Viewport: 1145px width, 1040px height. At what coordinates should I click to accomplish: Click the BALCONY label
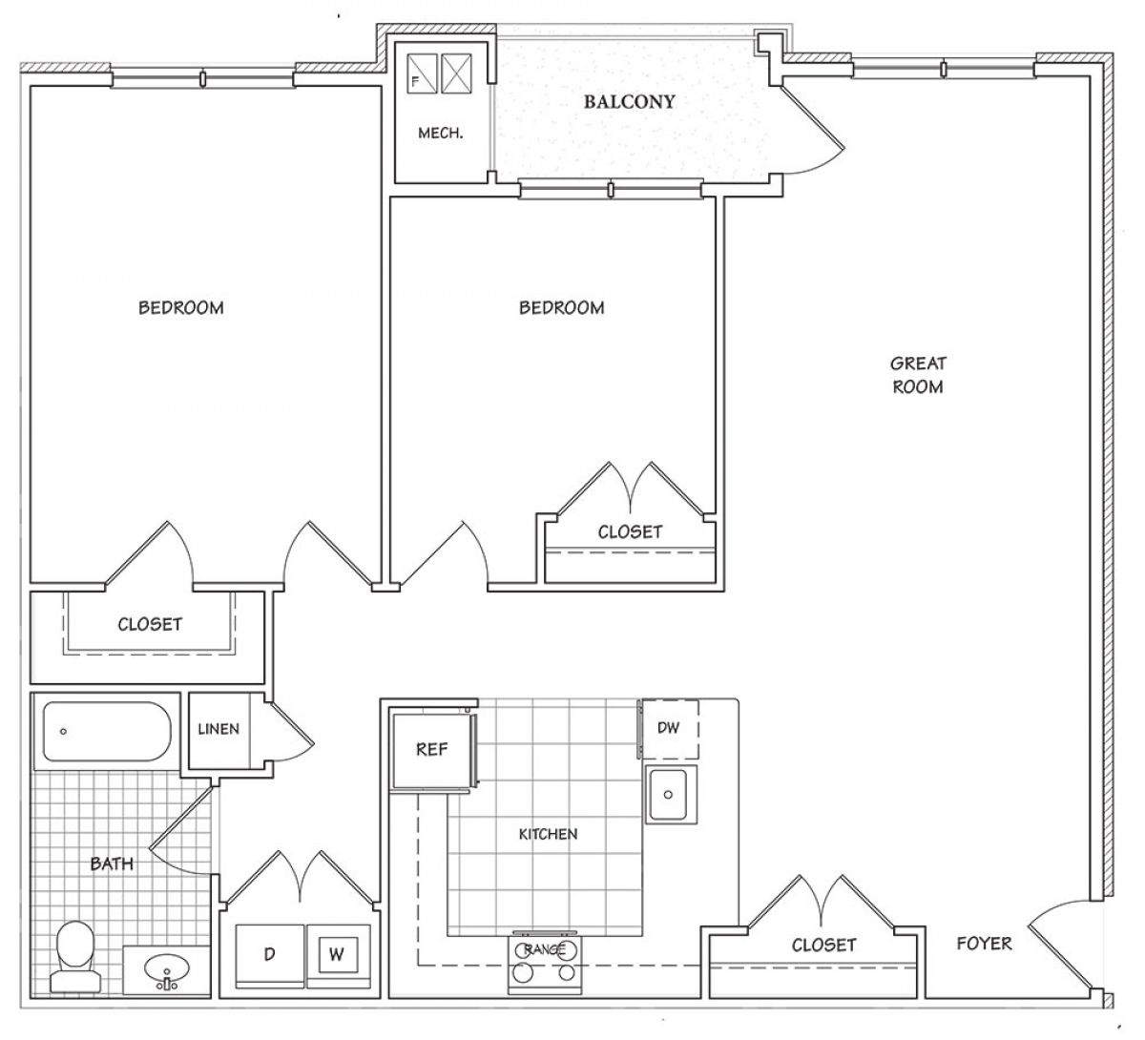tap(629, 102)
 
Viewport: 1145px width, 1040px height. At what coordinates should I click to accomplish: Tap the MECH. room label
tap(440, 134)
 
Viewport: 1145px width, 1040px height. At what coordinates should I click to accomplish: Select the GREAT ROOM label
tap(918, 375)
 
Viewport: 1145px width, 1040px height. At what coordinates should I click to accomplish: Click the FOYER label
tap(984, 943)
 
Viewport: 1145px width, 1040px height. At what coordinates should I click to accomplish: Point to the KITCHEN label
tap(548, 834)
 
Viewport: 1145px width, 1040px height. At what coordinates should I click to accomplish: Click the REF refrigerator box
tap(432, 749)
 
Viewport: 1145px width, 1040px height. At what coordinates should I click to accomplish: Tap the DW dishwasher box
tap(668, 728)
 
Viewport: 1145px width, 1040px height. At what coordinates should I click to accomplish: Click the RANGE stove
tap(544, 966)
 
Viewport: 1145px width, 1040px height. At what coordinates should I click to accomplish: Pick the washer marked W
tap(338, 955)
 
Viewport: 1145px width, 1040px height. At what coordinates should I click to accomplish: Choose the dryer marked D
tap(269, 955)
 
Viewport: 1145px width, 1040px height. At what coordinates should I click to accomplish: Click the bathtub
tap(107, 731)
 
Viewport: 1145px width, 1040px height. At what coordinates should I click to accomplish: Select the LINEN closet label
tap(219, 729)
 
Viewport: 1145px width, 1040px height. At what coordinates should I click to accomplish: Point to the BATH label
tap(112, 863)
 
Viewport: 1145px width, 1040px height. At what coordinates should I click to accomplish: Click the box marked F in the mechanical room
tap(422, 73)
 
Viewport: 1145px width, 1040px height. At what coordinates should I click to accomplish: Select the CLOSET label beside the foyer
tap(823, 946)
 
